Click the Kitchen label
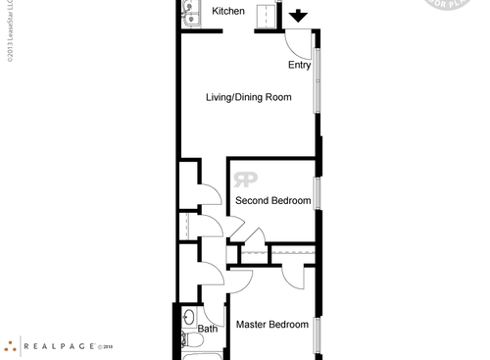tap(228, 11)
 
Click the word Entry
tap(300, 66)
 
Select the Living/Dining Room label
tap(249, 97)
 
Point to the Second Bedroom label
tap(272, 201)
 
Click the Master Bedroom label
tap(271, 325)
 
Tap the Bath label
tap(208, 330)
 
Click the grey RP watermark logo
tap(245, 180)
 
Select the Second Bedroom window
tap(317, 193)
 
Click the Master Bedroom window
tap(317, 334)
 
